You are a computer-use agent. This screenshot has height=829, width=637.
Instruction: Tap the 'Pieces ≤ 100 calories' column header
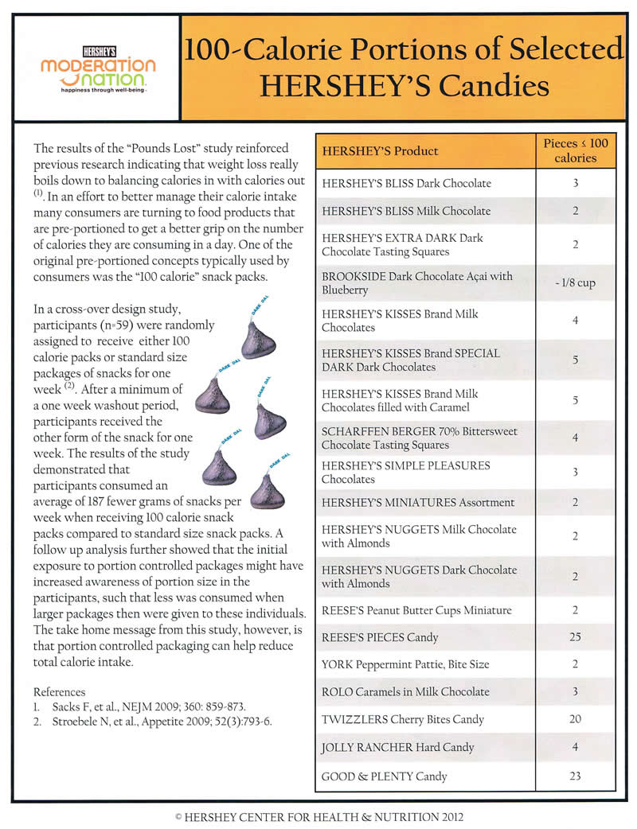(x=575, y=150)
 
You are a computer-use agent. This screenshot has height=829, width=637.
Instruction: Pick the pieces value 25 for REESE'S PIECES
(x=575, y=637)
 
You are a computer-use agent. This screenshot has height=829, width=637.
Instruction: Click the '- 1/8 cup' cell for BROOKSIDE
(x=575, y=283)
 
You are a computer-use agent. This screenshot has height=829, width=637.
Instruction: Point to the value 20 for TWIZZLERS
(x=575, y=719)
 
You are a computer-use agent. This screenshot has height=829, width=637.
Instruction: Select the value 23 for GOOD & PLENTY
(x=575, y=776)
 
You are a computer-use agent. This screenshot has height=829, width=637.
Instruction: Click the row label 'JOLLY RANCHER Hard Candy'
(x=397, y=747)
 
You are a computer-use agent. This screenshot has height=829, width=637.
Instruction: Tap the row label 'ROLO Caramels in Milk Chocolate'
(x=405, y=691)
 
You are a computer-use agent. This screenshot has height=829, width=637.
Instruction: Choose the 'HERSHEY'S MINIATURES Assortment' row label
(x=418, y=502)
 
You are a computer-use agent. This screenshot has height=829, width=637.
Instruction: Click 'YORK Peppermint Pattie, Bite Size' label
(x=405, y=664)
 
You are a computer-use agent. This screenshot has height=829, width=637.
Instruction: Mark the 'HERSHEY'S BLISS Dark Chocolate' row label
(x=406, y=183)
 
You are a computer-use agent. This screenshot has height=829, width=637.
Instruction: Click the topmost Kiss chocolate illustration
(x=258, y=338)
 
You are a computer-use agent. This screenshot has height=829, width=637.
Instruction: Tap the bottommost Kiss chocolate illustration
(x=267, y=492)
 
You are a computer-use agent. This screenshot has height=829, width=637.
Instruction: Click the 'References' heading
(x=59, y=692)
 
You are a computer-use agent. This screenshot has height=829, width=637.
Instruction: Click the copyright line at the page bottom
(x=318, y=816)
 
